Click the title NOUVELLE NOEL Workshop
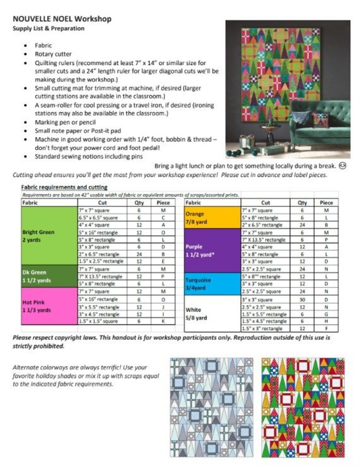(x=62, y=19)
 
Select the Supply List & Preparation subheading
(x=49, y=28)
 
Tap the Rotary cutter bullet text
(x=54, y=54)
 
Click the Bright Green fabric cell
(x=49, y=235)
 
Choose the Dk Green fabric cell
(x=49, y=277)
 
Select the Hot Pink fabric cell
(x=49, y=306)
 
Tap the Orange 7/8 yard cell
(x=212, y=218)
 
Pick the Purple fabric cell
(x=212, y=250)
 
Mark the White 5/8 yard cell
(x=212, y=314)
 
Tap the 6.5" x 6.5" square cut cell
(x=101, y=217)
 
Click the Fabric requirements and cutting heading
(x=64, y=187)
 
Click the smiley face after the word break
(x=342, y=166)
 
